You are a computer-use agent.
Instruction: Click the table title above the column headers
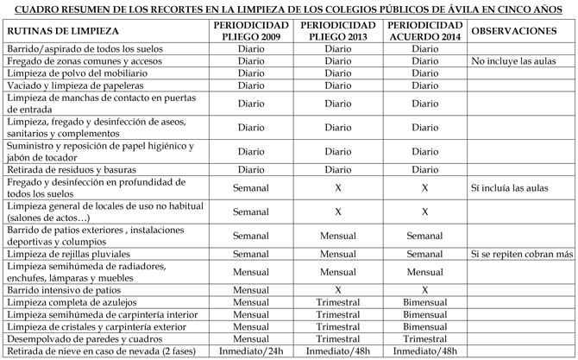coord(289,9)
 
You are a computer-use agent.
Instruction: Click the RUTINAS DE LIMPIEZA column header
coord(58,30)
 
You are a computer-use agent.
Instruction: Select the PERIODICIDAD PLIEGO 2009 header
coord(250,30)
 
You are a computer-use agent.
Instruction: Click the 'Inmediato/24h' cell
coord(250,351)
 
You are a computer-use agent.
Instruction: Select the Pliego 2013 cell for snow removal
coord(338,351)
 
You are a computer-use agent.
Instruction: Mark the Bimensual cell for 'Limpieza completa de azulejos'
coord(425,303)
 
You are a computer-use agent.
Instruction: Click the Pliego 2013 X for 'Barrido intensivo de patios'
coord(338,291)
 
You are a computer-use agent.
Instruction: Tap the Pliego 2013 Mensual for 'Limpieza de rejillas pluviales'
coord(338,255)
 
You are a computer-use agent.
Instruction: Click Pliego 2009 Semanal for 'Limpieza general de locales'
coord(250,211)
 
